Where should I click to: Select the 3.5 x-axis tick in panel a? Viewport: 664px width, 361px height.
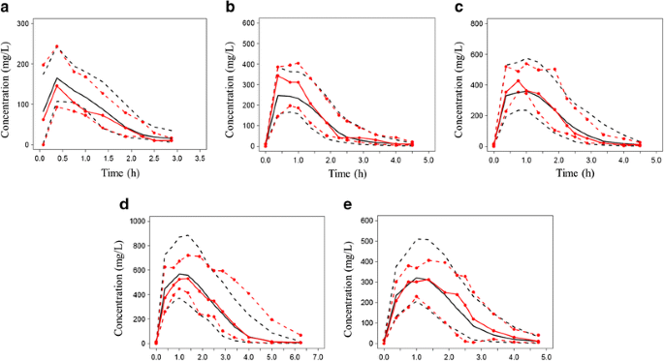click(x=199, y=158)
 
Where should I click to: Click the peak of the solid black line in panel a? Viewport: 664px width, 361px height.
click(x=57, y=78)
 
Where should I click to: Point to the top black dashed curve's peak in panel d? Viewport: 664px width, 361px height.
click(x=183, y=234)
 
